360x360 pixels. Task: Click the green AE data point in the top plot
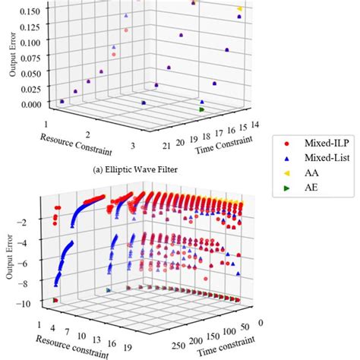pos(201,110)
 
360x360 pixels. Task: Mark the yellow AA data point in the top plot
pos(240,9)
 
